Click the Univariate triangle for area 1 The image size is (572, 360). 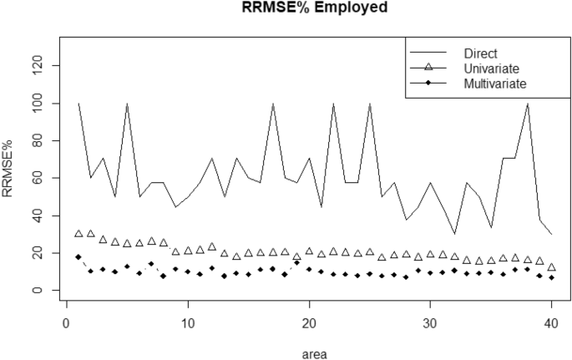click(x=78, y=234)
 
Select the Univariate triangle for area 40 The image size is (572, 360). click(x=551, y=267)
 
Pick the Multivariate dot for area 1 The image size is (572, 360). click(x=78, y=256)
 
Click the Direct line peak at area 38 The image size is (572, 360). click(x=527, y=104)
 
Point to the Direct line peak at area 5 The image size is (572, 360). click(x=127, y=104)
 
